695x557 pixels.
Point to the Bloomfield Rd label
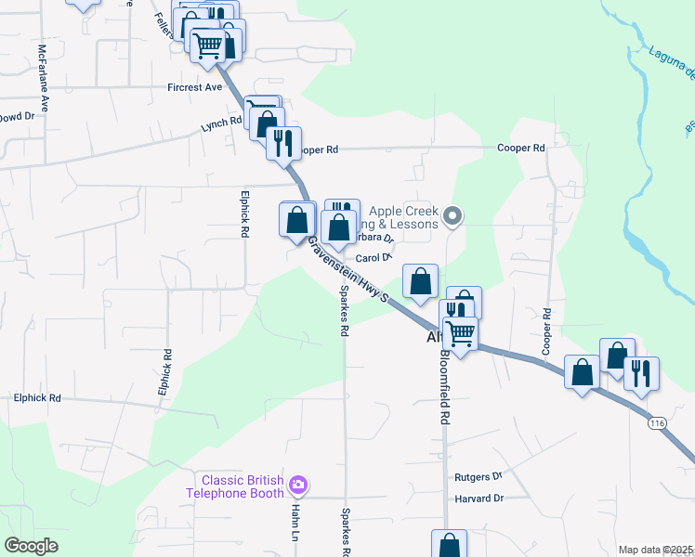tap(444, 388)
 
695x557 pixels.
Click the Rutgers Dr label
tap(479, 477)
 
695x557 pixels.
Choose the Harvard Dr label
tap(479, 499)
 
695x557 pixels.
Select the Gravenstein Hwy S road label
tap(356, 271)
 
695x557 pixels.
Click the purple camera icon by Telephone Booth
tap(298, 485)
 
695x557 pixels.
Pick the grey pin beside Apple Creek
tap(452, 216)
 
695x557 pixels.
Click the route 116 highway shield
tap(658, 423)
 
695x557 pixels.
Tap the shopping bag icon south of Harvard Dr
tap(450, 545)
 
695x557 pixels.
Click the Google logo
tap(32, 546)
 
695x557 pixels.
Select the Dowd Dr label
tap(17, 117)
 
